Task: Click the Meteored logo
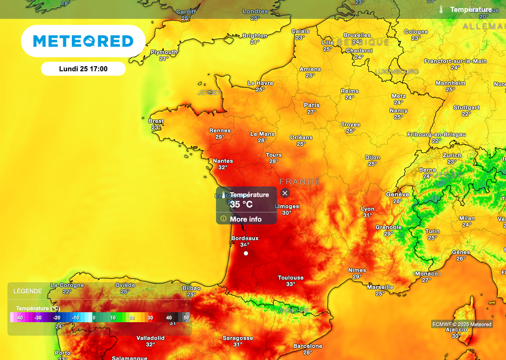(83, 41)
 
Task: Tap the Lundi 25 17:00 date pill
(83, 69)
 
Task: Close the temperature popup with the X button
(285, 193)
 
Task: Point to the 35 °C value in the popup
(241, 204)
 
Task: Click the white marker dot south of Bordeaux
(246, 253)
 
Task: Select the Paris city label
(312, 105)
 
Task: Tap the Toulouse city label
(291, 278)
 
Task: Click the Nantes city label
(223, 161)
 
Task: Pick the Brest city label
(156, 121)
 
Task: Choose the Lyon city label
(367, 209)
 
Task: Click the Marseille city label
(380, 287)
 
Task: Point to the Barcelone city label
(308, 346)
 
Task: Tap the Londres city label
(255, 12)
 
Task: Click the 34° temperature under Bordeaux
(245, 245)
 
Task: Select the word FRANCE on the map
(300, 182)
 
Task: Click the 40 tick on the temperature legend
(169, 317)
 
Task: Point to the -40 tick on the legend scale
(19, 317)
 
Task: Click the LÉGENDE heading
(28, 291)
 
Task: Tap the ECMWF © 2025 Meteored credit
(462, 324)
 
